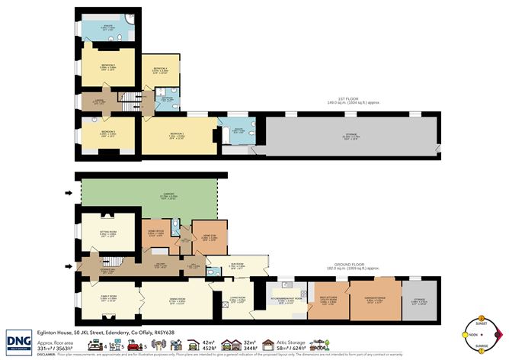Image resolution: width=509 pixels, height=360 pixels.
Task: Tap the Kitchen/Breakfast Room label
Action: (286, 302)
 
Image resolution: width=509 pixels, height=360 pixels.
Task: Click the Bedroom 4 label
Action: (158, 71)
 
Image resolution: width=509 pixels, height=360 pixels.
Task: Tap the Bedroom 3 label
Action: (107, 133)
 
